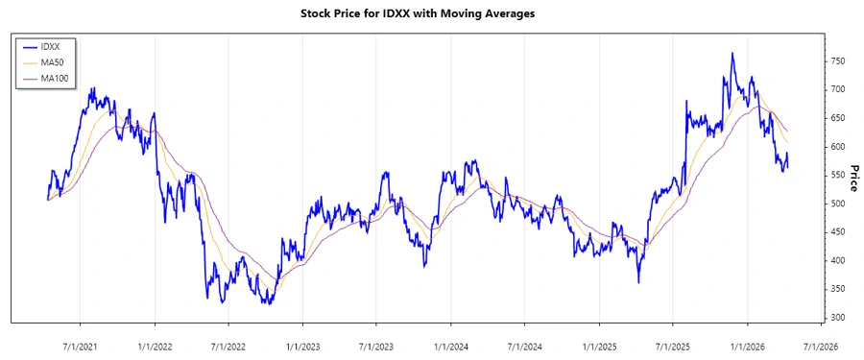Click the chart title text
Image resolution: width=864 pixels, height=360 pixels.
431,14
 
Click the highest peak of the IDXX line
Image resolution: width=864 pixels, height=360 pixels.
732,54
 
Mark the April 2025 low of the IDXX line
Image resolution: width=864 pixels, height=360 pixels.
639,282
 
